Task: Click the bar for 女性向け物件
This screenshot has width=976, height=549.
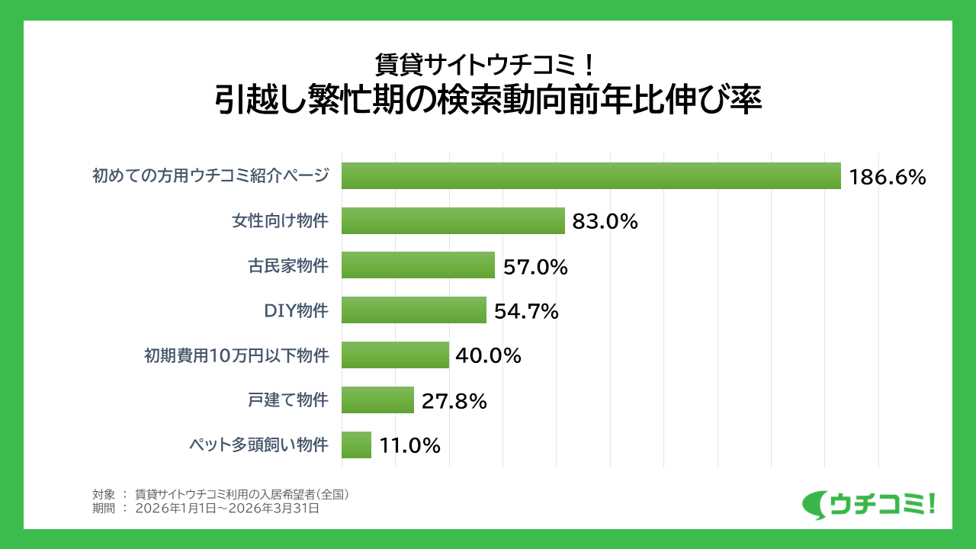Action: click(453, 221)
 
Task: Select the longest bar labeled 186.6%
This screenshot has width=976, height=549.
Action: click(591, 176)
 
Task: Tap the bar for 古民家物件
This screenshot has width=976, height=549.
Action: click(418, 265)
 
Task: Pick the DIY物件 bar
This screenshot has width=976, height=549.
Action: click(413, 310)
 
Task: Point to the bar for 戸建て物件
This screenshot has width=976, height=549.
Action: click(377, 400)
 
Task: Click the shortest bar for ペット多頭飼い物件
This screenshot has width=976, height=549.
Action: click(356, 445)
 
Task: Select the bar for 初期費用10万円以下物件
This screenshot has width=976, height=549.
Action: click(395, 355)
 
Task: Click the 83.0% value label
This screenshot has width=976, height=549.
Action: click(605, 222)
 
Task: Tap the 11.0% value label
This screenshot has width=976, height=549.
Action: click(409, 446)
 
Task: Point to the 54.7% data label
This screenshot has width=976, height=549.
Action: click(526, 312)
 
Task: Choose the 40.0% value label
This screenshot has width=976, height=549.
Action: click(488, 356)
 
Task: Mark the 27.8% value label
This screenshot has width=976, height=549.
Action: click(454, 401)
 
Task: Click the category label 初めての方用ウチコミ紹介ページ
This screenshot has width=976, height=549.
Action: click(210, 176)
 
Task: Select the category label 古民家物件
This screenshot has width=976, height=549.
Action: click(288, 266)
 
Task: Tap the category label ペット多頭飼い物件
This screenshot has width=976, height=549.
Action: click(258, 445)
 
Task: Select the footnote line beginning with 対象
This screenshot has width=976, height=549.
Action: click(220, 494)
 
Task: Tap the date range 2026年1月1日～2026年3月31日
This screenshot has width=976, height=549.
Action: click(226, 509)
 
